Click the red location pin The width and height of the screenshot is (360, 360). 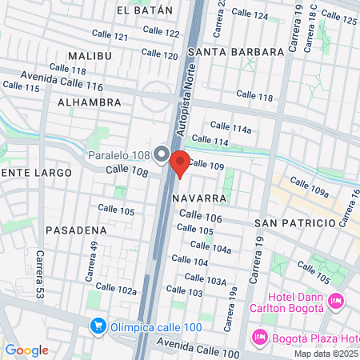180,163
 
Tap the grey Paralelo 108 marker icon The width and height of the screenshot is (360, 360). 162,154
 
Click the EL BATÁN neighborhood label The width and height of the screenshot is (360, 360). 144,10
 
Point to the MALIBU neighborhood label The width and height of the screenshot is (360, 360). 90,56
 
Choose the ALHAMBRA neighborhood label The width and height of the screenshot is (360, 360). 90,102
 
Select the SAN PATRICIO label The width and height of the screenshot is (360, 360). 294,222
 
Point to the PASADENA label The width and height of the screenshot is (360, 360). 76,230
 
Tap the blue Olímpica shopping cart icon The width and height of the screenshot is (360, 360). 98,326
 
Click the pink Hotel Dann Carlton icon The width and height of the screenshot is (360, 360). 336,302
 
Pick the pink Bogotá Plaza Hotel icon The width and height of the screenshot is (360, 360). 259,337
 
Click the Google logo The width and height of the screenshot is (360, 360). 26,350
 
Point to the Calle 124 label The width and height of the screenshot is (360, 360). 250,14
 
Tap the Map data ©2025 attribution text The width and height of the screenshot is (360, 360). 326,354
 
